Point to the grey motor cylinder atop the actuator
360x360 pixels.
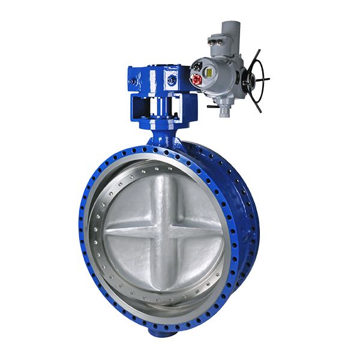227,30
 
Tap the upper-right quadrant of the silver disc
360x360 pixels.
192,201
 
